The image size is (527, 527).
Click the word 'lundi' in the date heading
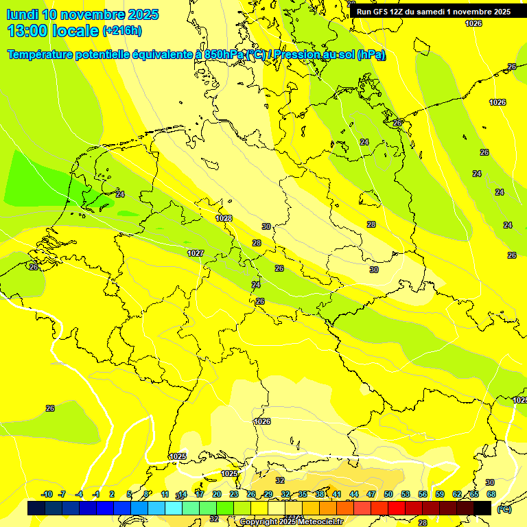coord(22,14)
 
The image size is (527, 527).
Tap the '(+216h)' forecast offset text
coord(121,31)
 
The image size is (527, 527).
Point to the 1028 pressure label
coord(224,218)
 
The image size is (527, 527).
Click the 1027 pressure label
coord(196,253)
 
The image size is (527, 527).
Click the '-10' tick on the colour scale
coord(47,494)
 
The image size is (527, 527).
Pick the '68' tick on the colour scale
coord(491,494)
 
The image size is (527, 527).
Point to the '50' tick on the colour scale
coord(388,494)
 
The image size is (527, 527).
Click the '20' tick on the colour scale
coord(217,494)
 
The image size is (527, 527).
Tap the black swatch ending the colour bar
coord(482,508)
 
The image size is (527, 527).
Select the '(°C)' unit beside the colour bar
coord(504,508)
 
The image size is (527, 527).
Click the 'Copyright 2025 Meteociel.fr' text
coord(291,522)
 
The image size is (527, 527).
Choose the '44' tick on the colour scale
coord(354,494)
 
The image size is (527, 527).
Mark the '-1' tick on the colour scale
coord(97,494)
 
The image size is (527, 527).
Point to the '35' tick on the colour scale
coord(303,494)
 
